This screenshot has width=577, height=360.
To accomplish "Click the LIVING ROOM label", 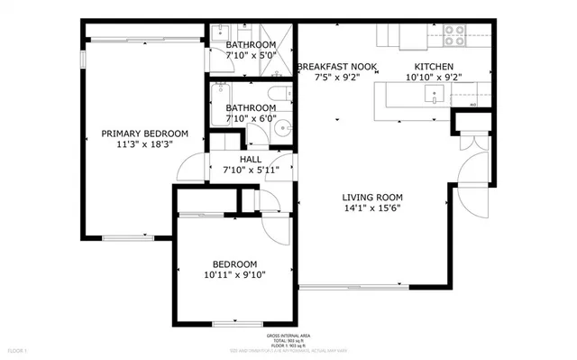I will click(371, 197).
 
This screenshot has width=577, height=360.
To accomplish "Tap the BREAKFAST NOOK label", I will click(337, 67).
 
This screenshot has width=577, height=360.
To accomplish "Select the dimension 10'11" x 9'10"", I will click(234, 276).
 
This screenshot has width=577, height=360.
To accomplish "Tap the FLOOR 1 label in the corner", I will click(18, 349).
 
